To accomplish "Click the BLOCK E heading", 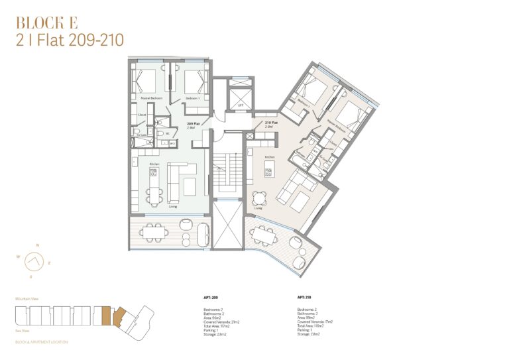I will (46, 22).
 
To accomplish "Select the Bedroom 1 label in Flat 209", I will (192, 98).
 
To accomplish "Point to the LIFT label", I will (241, 104).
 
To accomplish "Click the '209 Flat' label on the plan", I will (193, 124).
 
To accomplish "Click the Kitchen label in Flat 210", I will (270, 156).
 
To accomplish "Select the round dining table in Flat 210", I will (259, 197).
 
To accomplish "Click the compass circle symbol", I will (34, 263).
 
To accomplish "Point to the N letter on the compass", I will (37, 246).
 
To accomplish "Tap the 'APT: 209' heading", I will (211, 297).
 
